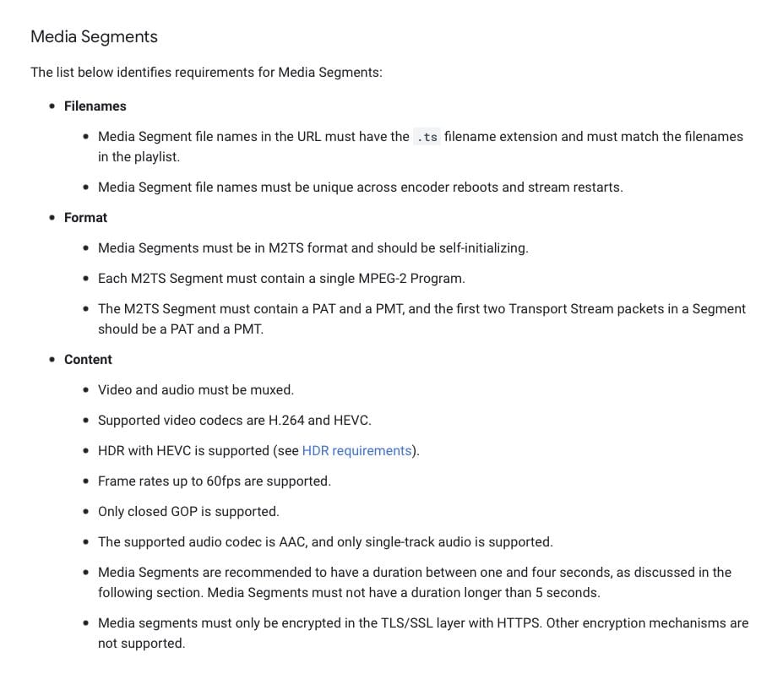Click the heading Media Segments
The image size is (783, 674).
click(94, 37)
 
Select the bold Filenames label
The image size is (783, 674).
click(95, 106)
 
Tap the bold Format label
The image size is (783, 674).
click(86, 218)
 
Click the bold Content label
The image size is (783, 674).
click(88, 360)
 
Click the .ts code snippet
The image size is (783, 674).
click(427, 137)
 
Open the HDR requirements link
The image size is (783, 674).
click(356, 451)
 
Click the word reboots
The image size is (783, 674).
click(467, 188)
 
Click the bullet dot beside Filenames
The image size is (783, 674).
click(53, 106)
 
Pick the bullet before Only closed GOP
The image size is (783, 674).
click(87, 512)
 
